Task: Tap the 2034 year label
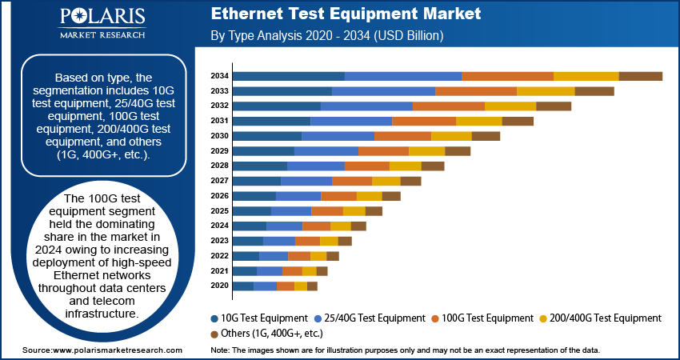click(x=219, y=76)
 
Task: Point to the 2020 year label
click(x=219, y=286)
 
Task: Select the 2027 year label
click(x=219, y=181)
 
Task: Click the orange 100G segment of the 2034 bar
click(x=507, y=76)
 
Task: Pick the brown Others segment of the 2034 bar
click(x=640, y=76)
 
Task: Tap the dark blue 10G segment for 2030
click(x=266, y=136)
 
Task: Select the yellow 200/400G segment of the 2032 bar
click(x=510, y=106)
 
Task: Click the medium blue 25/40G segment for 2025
click(x=291, y=211)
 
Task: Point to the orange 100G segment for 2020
click(x=285, y=286)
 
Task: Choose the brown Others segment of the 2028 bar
click(x=432, y=166)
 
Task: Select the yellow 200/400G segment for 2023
click(x=329, y=241)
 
